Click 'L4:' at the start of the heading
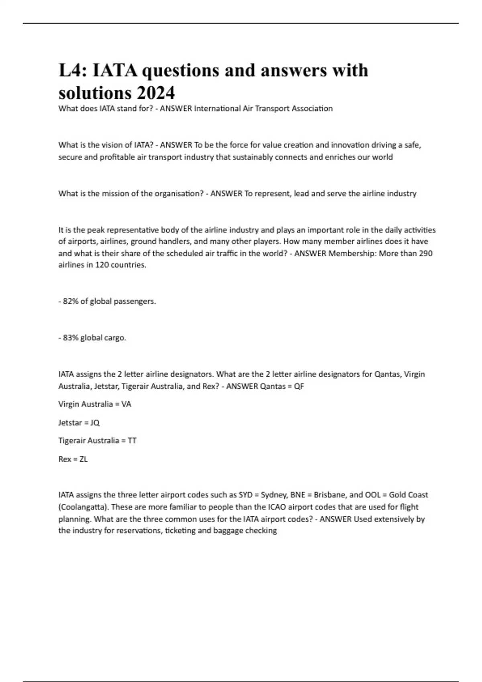tap(72, 71)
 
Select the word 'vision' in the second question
tap(110, 145)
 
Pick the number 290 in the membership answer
tap(425, 253)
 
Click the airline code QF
tap(299, 386)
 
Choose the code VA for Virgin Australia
tap(126, 404)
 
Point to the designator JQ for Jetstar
tap(95, 422)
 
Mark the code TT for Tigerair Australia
tap(132, 440)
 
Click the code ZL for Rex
tap(83, 459)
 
